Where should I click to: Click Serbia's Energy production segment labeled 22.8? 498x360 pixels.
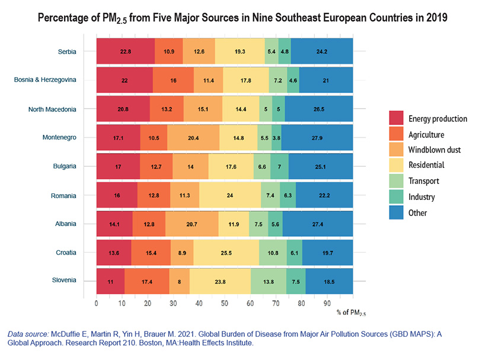[x=125, y=52]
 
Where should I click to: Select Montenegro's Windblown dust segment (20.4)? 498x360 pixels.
[x=193, y=138]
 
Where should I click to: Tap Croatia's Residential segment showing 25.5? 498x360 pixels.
[x=226, y=253]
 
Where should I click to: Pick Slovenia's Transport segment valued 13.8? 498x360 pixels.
[x=268, y=282]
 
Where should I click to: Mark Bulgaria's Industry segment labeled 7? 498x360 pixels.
[x=279, y=167]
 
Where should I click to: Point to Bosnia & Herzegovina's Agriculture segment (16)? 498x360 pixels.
[x=173, y=81]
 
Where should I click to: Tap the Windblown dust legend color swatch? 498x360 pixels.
[x=396, y=149]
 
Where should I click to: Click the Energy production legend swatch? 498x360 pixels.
[x=396, y=118]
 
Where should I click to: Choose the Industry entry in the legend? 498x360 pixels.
[x=422, y=196]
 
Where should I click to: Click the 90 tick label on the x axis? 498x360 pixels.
[x=327, y=303]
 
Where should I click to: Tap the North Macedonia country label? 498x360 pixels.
[x=53, y=109]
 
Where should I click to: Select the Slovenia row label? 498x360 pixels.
[x=64, y=282]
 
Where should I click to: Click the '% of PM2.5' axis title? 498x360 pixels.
[x=356, y=313]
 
